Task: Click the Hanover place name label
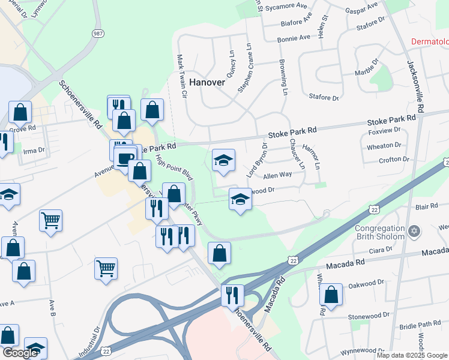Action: (207, 82)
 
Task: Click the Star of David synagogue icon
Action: (414, 231)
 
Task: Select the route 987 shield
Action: (97, 34)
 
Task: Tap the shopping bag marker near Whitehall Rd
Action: (331, 295)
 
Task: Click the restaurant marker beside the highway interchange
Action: (232, 295)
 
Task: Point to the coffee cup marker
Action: (125, 159)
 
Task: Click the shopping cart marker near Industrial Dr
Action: (106, 268)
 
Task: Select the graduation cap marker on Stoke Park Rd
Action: (223, 160)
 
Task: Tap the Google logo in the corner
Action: (20, 353)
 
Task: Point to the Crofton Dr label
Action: (393, 160)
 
